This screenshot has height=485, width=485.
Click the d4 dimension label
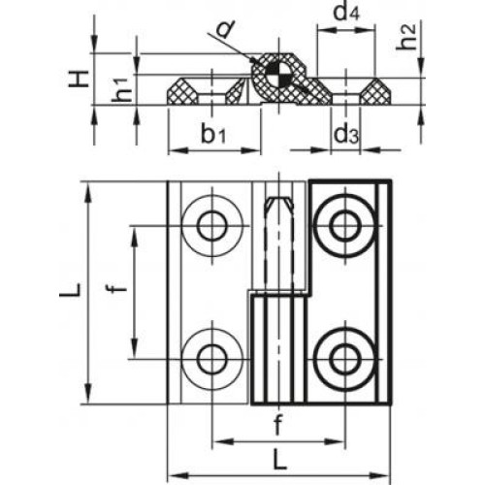pos(346,14)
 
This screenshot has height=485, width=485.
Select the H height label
pos(79,79)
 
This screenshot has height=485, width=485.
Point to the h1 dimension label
pos(122,90)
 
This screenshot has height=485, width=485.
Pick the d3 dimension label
pos(346,135)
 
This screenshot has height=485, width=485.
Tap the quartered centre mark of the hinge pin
pos(278,74)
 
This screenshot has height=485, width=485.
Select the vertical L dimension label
pos(69,292)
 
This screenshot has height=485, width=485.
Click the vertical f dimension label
pos(118,286)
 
